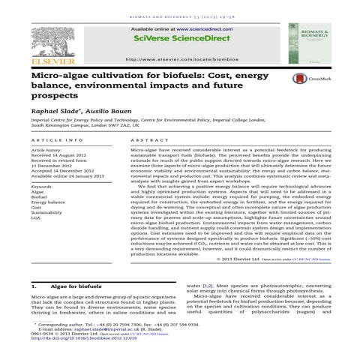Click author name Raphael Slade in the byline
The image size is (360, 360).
point(54,109)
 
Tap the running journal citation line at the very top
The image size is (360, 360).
point(180,5)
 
